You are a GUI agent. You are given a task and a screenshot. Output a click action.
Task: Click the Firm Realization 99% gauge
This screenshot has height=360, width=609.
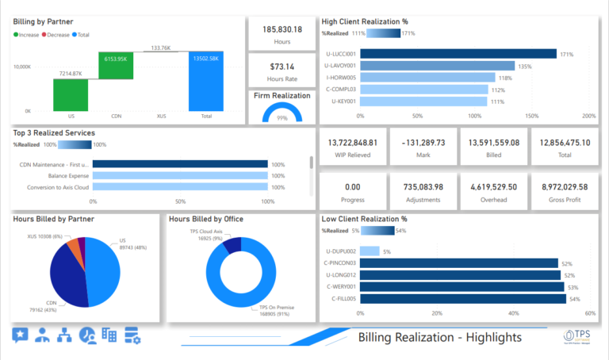coord(282,112)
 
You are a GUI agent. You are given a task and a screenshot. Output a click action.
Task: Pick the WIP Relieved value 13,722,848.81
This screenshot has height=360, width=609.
coord(352,143)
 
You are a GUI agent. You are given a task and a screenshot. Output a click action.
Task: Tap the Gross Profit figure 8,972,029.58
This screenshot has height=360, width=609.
coord(564,186)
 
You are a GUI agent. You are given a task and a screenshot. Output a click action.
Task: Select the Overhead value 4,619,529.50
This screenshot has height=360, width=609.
coord(493,186)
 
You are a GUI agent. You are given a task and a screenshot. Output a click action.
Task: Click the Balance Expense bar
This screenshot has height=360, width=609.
coord(180,175)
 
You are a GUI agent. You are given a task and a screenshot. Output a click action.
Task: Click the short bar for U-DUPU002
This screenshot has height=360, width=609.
coord(370,251)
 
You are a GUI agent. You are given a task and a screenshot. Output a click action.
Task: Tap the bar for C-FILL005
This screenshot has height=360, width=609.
coord(463,299)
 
